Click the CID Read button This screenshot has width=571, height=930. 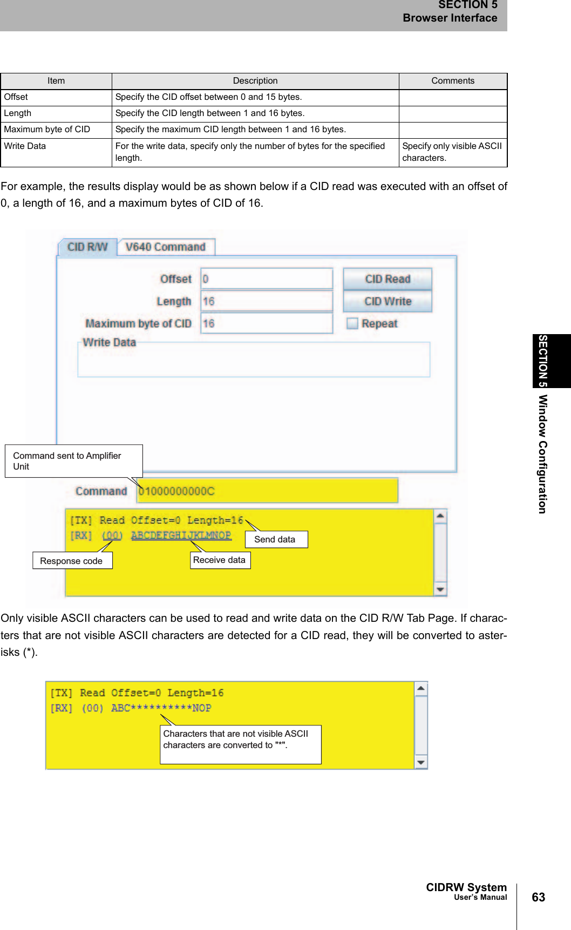pyautogui.click(x=387, y=279)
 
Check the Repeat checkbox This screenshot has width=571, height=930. pyautogui.click(x=352, y=323)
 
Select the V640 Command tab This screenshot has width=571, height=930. pyautogui.click(x=166, y=247)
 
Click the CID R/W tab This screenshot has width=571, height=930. pyautogui.click(x=87, y=247)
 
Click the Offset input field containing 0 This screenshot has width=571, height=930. pyautogui.click(x=267, y=279)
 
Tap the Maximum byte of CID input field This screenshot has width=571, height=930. pyautogui.click(x=267, y=323)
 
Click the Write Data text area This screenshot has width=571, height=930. pyautogui.click(x=254, y=361)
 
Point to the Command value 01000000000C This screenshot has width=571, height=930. pyautogui.click(x=177, y=491)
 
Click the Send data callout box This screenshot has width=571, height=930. pyautogui.click(x=276, y=539)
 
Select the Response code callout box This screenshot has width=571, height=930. pyautogui.click(x=72, y=561)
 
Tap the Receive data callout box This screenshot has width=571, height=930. pyautogui.click(x=220, y=560)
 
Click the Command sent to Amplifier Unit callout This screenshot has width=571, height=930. pyautogui.click(x=73, y=461)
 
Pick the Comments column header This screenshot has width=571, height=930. pyautogui.click(x=453, y=81)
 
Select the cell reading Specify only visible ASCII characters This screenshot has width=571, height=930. pyautogui.click(x=453, y=152)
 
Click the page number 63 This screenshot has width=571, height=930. pyautogui.click(x=538, y=897)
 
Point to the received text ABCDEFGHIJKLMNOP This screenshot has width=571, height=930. pyautogui.click(x=181, y=535)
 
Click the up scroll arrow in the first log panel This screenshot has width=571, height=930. pyautogui.click(x=440, y=516)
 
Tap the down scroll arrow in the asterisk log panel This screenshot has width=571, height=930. pyautogui.click(x=421, y=762)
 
